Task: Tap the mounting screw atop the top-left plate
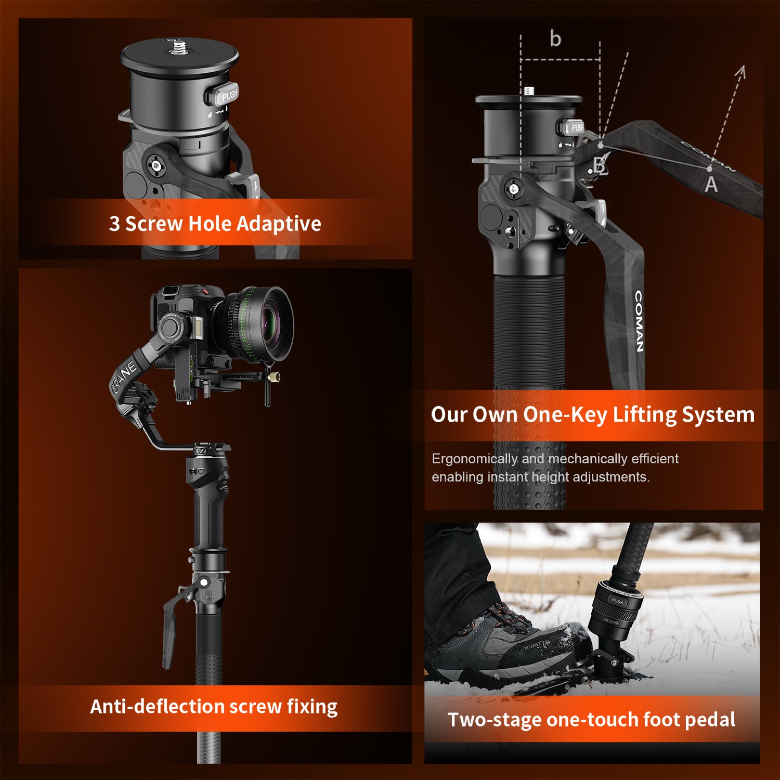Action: click(x=178, y=47)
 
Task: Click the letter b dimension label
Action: click(x=555, y=38)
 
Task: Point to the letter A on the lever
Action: click(x=711, y=185)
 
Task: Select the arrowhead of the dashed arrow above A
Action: click(x=742, y=71)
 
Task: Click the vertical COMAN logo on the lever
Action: click(x=640, y=321)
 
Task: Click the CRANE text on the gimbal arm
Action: click(x=124, y=376)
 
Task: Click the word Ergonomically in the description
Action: click(x=474, y=459)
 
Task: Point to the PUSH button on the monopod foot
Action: click(x=617, y=601)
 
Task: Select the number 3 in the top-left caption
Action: click(x=114, y=224)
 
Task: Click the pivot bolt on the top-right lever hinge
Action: click(x=514, y=189)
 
